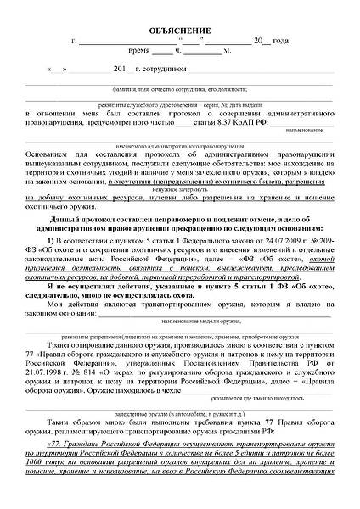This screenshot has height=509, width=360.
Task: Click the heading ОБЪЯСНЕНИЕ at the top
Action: (x=179, y=31)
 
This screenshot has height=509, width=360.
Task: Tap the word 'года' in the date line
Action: (x=290, y=42)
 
